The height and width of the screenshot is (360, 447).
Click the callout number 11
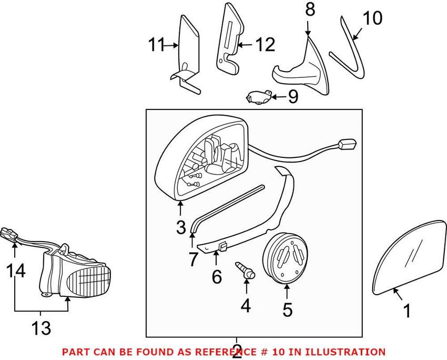[x=156, y=45]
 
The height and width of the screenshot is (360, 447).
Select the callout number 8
[x=310, y=9]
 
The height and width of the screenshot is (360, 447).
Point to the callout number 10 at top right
[x=373, y=18]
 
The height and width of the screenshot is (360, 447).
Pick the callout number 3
[x=180, y=227]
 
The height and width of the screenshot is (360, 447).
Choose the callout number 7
[x=192, y=258]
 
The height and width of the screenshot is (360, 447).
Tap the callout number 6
[x=217, y=276]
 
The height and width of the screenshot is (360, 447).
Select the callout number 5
[x=287, y=309]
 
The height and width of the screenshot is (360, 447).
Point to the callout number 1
[x=406, y=312]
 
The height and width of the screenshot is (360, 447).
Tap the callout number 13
[x=41, y=329]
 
